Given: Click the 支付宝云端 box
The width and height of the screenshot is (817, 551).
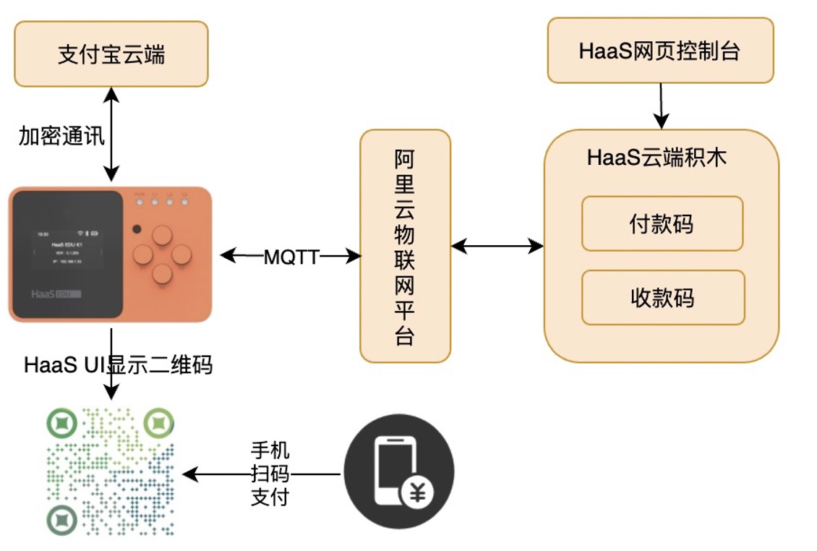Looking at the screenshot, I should coord(111,54).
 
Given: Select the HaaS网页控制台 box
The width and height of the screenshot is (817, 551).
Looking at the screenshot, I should coord(660,51).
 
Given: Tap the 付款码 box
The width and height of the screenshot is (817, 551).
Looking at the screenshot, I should coord(662,223).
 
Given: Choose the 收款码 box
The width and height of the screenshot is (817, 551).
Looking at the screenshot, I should coord(663,297).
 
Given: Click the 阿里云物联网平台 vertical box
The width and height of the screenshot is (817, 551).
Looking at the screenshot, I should coord(405,246).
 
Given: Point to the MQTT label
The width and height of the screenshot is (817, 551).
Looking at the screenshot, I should coord(291,257).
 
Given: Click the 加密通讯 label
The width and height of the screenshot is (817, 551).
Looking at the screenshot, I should coord(62,135).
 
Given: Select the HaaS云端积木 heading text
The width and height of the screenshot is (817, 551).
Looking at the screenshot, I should coord(656,158).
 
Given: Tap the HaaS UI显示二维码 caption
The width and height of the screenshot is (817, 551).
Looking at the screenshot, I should coord(119,364).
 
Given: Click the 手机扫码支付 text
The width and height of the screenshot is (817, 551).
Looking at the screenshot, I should coord(270,474).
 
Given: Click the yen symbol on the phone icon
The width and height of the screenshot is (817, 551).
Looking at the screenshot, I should coord(419,495).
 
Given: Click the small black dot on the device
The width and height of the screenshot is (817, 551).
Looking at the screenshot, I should coord(137,229).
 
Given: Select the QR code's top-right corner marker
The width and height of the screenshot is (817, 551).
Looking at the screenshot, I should coord(158,423).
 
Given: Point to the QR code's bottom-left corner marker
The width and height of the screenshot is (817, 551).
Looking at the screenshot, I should coord(62,518).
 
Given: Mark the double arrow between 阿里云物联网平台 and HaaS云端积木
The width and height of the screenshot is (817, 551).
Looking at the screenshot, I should coord(497,247).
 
